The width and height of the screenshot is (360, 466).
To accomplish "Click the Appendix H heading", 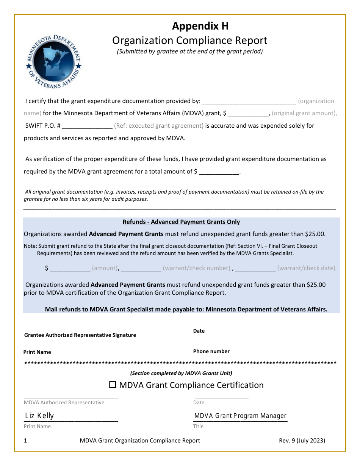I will click(x=200, y=26).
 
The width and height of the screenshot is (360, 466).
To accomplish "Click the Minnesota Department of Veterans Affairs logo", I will click(x=53, y=61).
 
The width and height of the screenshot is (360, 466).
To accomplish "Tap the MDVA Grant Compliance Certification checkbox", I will click(x=113, y=385).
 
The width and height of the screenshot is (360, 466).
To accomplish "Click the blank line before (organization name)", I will click(x=249, y=102).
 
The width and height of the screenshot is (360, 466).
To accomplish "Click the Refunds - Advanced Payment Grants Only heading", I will click(x=181, y=222).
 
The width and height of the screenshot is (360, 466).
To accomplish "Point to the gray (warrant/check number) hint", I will click(x=197, y=268).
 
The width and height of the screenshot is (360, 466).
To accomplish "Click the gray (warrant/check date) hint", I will click(x=306, y=268).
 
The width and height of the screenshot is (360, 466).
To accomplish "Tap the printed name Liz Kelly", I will click(x=39, y=416).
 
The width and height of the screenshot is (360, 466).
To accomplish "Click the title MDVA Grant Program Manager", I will click(x=240, y=416).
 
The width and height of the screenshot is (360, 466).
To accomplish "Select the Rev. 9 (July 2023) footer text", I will click(x=302, y=441).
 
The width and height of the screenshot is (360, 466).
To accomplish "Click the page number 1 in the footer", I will click(x=25, y=441).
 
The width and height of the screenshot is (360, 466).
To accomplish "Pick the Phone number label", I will click(x=211, y=352).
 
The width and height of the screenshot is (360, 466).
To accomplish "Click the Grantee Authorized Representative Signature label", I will click(x=80, y=335).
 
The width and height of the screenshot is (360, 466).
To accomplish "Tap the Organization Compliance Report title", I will click(x=190, y=40).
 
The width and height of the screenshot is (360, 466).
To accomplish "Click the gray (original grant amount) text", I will click(x=304, y=113).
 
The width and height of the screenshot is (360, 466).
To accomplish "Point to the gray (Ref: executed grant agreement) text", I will click(x=159, y=126).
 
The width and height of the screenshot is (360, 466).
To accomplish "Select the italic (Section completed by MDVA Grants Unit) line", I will click(x=181, y=374).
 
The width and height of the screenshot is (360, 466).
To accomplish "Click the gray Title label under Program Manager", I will click(x=198, y=427).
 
